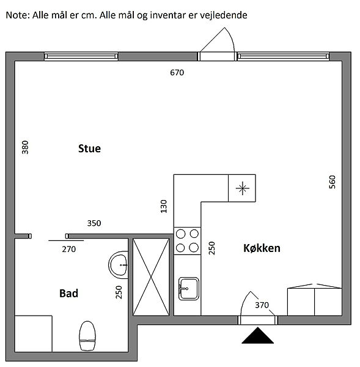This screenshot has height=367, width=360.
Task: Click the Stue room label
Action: coord(89,149)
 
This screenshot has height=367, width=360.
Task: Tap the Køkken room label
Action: coord(262,248)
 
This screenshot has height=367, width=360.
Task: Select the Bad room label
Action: coord(68,294)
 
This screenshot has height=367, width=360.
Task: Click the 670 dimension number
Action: coord(177,73)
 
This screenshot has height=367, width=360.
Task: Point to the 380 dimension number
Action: coord(25,147)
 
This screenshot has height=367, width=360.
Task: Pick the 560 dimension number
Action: coord(332,182)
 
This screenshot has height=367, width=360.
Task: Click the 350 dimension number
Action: coord(94,223)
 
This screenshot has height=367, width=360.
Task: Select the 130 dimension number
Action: coord(164,206)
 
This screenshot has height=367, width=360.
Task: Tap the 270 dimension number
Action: coord(69,250)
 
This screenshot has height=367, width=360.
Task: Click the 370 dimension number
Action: coord(262,305)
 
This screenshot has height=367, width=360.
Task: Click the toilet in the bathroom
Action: coord(87,336)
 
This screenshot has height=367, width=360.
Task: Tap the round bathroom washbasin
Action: coord(119,265)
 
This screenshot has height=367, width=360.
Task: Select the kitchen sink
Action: coord(188,289)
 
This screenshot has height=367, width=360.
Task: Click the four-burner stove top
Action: coord(187,240)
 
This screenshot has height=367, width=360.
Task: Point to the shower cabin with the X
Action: coord(151,277)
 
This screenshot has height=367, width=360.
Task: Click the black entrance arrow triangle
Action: coord(257,335)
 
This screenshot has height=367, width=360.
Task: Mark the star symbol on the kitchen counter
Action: coord(242,188)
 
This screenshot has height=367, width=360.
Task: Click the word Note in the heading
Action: coord(18,15)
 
